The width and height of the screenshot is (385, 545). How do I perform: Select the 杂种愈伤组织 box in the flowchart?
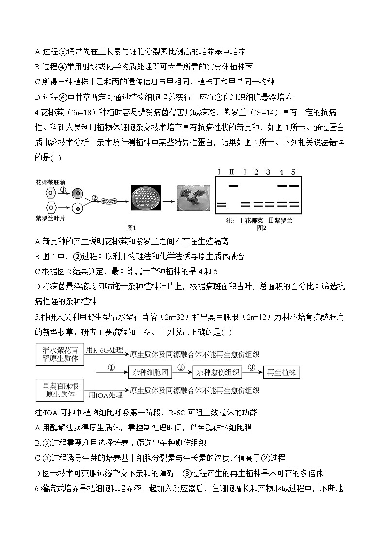point(217,373)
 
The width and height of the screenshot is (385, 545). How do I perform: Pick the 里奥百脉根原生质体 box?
point(60,390)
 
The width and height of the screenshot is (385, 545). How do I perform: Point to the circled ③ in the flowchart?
point(251,367)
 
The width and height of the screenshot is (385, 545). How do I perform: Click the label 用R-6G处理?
point(104,349)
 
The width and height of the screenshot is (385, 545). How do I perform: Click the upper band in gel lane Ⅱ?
point(233,185)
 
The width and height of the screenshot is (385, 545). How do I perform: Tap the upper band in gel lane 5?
point(294,185)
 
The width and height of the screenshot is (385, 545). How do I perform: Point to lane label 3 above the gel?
point(269,172)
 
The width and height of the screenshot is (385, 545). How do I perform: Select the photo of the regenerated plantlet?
point(193,197)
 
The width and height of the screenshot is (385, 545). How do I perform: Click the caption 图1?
point(132,227)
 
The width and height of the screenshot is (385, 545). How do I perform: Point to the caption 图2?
point(262,227)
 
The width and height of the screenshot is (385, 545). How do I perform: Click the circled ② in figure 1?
point(95,198)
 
